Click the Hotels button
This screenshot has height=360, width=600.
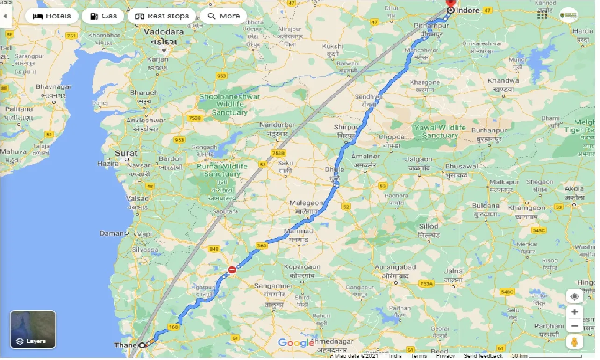[51, 16]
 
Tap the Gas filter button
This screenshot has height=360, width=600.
[103, 16]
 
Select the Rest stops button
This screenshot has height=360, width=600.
[162, 16]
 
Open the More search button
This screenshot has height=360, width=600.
[223, 16]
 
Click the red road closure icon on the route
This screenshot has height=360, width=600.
[232, 269]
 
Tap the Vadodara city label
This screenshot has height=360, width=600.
[164, 32]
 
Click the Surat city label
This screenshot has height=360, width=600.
[126, 153]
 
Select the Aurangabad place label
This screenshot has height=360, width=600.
[395, 267]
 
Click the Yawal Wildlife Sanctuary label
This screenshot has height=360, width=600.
[439, 131]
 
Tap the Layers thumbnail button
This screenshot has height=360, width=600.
[33, 330]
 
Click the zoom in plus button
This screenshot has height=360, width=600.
[575, 312]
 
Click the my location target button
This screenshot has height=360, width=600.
[575, 296]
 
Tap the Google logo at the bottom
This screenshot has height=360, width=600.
[296, 343]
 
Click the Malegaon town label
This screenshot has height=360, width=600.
[307, 203]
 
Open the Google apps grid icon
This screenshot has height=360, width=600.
[542, 14]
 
